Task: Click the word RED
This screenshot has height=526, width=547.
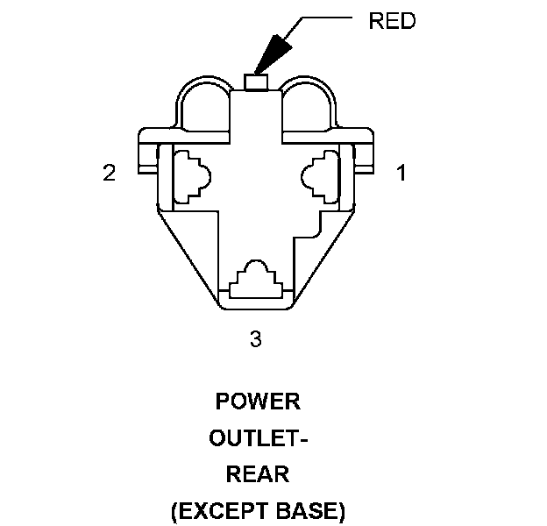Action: click(x=391, y=22)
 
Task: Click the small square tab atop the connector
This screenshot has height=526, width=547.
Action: click(x=255, y=82)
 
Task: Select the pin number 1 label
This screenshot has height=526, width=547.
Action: click(x=401, y=173)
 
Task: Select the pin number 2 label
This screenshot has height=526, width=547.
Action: click(x=109, y=173)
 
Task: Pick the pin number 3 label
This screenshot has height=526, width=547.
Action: click(x=255, y=338)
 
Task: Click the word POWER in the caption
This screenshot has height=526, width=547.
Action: click(x=258, y=402)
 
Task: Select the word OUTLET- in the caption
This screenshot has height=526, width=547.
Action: click(x=258, y=438)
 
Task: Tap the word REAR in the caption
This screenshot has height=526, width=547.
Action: click(x=258, y=474)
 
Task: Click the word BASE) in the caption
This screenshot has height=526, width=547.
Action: click(x=312, y=510)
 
